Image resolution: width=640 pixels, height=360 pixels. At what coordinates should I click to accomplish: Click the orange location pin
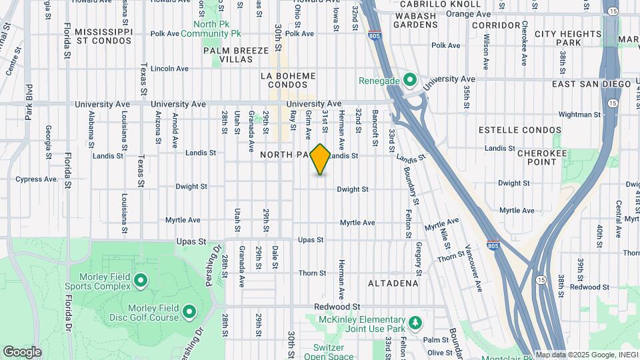[x=321, y=159]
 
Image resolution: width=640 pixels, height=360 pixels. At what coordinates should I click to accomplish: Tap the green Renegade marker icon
[x=409, y=81]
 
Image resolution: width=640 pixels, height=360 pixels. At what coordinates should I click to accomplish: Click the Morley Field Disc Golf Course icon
[x=189, y=311]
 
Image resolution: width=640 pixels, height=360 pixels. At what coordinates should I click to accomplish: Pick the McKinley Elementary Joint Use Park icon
[x=416, y=323]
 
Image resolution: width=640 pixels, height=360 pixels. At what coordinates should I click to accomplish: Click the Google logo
[x=22, y=352]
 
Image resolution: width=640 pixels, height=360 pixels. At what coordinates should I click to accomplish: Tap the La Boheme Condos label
[x=288, y=80]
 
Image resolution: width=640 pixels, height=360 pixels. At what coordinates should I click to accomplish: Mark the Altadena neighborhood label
[x=393, y=283]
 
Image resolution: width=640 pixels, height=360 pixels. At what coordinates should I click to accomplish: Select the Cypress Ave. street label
[x=38, y=179]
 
